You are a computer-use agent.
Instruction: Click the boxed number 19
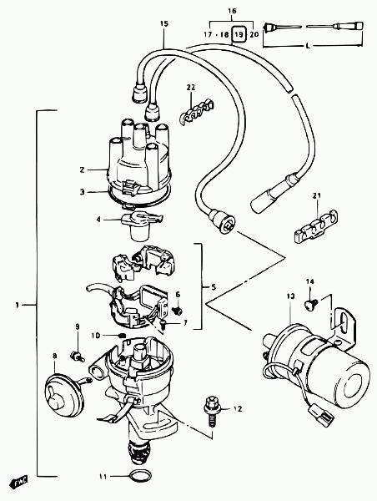239,33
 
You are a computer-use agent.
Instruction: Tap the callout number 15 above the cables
164,23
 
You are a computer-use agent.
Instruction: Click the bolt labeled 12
210,413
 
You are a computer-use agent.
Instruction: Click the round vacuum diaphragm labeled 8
64,395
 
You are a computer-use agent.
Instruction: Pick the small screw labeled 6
177,310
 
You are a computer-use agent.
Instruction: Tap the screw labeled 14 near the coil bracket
311,303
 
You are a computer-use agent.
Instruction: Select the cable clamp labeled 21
315,227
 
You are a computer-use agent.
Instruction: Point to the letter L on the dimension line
308,46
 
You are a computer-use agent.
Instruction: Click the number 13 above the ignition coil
290,296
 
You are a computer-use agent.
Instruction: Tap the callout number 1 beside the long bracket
17,305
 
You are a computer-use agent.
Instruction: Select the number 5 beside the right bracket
214,287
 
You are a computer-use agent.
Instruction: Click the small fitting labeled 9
77,356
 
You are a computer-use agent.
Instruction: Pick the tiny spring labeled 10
122,335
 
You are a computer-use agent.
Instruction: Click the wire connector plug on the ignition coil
323,415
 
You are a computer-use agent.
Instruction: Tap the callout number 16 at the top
232,11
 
